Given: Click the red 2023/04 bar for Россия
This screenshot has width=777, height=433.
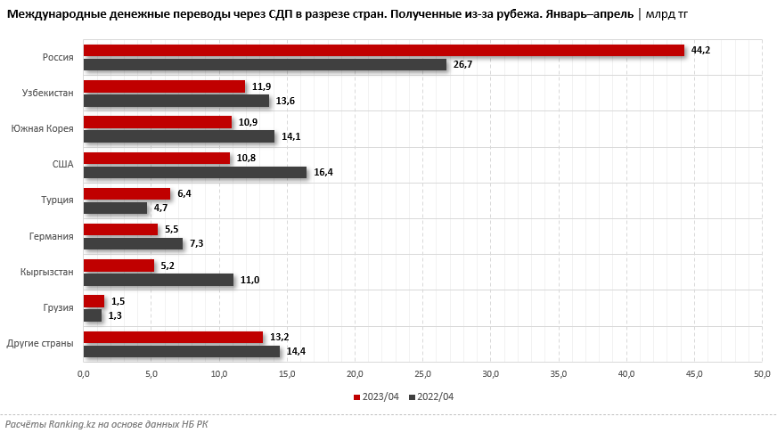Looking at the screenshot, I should click(383, 51).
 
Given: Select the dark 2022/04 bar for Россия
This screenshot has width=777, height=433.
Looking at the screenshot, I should click(265, 65).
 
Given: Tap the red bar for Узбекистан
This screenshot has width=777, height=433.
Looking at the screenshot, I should click(164, 86).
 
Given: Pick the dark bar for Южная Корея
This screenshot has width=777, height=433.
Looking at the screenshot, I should click(179, 136).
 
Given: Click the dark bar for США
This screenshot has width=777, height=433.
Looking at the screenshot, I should click(194, 172).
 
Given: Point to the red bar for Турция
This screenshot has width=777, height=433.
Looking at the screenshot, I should click(127, 193).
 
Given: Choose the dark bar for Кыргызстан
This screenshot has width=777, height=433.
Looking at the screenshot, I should click(158, 280).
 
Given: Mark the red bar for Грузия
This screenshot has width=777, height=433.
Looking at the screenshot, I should click(94, 301).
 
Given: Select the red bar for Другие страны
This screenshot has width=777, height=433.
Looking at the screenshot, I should click(173, 337).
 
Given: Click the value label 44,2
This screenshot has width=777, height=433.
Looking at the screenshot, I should click(701, 50).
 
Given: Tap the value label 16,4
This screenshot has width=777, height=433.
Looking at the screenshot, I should click(323, 172).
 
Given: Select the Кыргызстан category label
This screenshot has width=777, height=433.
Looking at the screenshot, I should click(47, 272).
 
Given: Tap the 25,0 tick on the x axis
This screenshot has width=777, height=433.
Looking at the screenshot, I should click(422, 372).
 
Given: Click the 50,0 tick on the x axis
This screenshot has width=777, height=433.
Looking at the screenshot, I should click(762, 372).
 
